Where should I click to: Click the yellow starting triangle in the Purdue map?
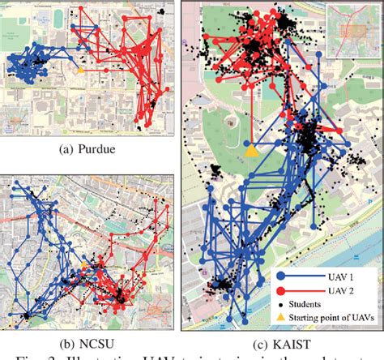79,71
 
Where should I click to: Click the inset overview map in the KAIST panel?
355,29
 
